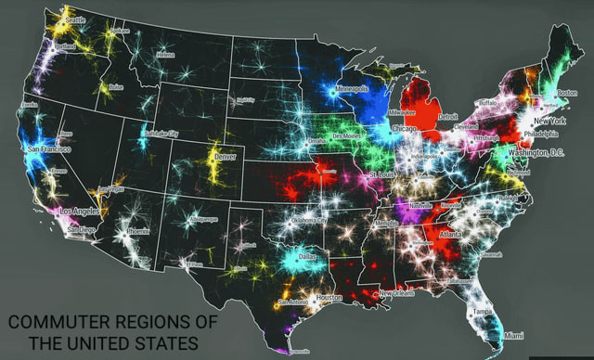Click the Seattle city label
pyautogui.click(x=74, y=19)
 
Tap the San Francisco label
pyautogui.click(x=44, y=148)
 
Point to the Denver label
pyautogui.click(x=226, y=157)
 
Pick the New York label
pyautogui.click(x=550, y=122)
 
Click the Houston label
pyautogui.click(x=329, y=297)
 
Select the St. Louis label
pyautogui.click(x=382, y=174)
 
